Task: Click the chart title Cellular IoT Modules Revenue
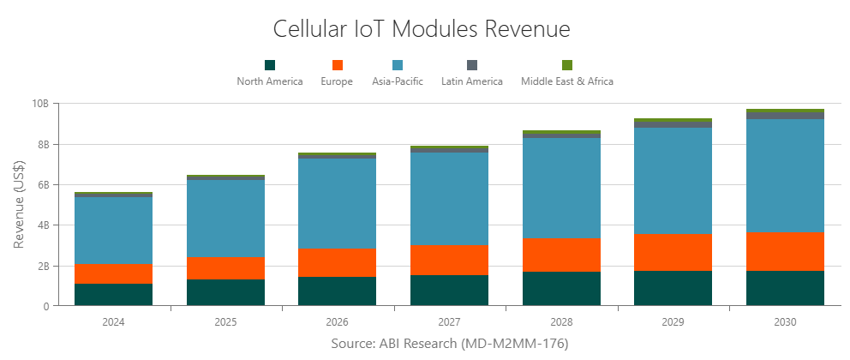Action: [421, 28]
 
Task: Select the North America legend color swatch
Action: [270, 65]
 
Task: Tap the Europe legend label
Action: [337, 81]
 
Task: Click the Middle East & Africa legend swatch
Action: [566, 65]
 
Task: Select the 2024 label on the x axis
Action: [114, 323]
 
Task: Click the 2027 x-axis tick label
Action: [449, 323]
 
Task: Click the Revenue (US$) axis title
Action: [19, 204]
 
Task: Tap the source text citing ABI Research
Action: [449, 344]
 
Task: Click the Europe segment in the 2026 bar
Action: [338, 262]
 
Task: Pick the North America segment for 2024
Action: [114, 295]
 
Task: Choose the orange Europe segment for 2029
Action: [673, 252]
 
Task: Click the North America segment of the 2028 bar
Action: [561, 289]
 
